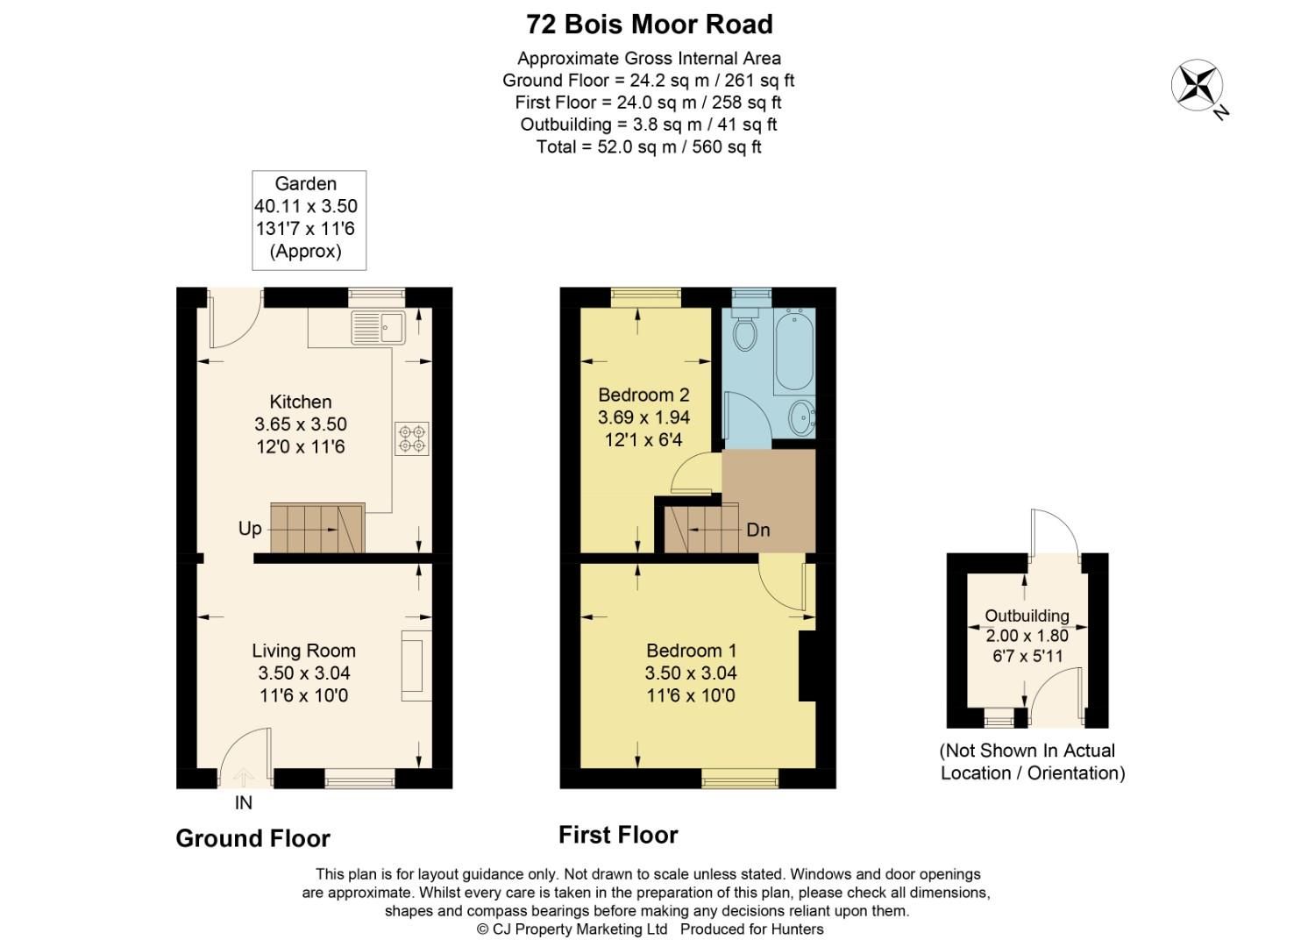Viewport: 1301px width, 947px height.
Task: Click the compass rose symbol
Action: point(1198,86)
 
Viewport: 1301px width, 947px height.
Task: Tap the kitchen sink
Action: point(378,328)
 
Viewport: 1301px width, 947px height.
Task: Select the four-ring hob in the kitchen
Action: point(412,438)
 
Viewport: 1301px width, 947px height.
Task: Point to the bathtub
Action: point(794,351)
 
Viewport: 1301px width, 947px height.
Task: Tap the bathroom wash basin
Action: point(801,417)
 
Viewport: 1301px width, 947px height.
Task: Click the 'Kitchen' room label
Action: point(301,402)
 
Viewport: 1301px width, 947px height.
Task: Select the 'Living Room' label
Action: point(303,651)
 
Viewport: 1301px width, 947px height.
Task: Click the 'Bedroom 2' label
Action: point(643,395)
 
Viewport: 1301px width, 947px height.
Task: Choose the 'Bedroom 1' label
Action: point(691,651)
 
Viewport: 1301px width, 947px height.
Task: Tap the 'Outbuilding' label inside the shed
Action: point(1027,616)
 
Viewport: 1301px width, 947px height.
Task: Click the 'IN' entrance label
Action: point(243,802)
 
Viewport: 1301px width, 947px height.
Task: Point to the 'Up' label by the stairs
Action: point(250,529)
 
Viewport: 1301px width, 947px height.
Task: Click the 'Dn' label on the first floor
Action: point(758,530)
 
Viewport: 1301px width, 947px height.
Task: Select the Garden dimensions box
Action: point(309,219)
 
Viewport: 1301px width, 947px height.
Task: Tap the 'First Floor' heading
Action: point(618,835)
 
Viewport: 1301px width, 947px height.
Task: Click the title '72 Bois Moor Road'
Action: point(649,24)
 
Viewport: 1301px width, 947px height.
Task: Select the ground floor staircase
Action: point(316,528)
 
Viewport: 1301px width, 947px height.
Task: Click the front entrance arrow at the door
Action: point(243,776)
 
